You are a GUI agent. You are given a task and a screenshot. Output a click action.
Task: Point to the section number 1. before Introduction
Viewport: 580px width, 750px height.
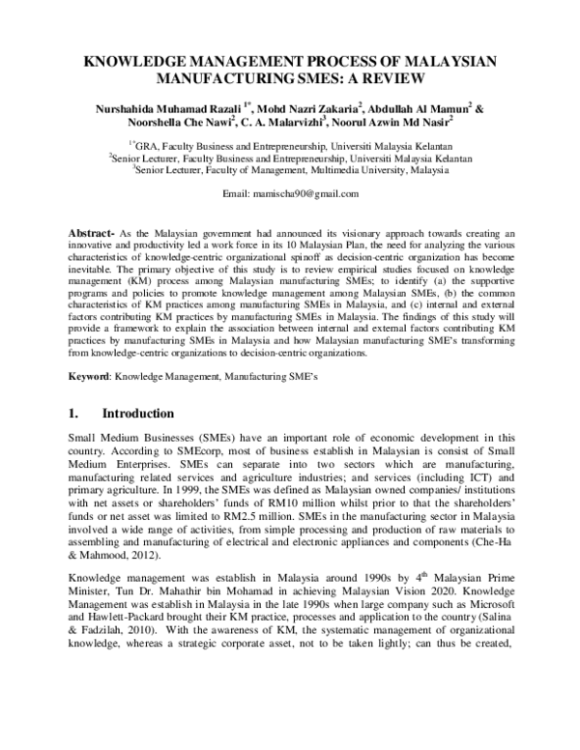click(x=74, y=414)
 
